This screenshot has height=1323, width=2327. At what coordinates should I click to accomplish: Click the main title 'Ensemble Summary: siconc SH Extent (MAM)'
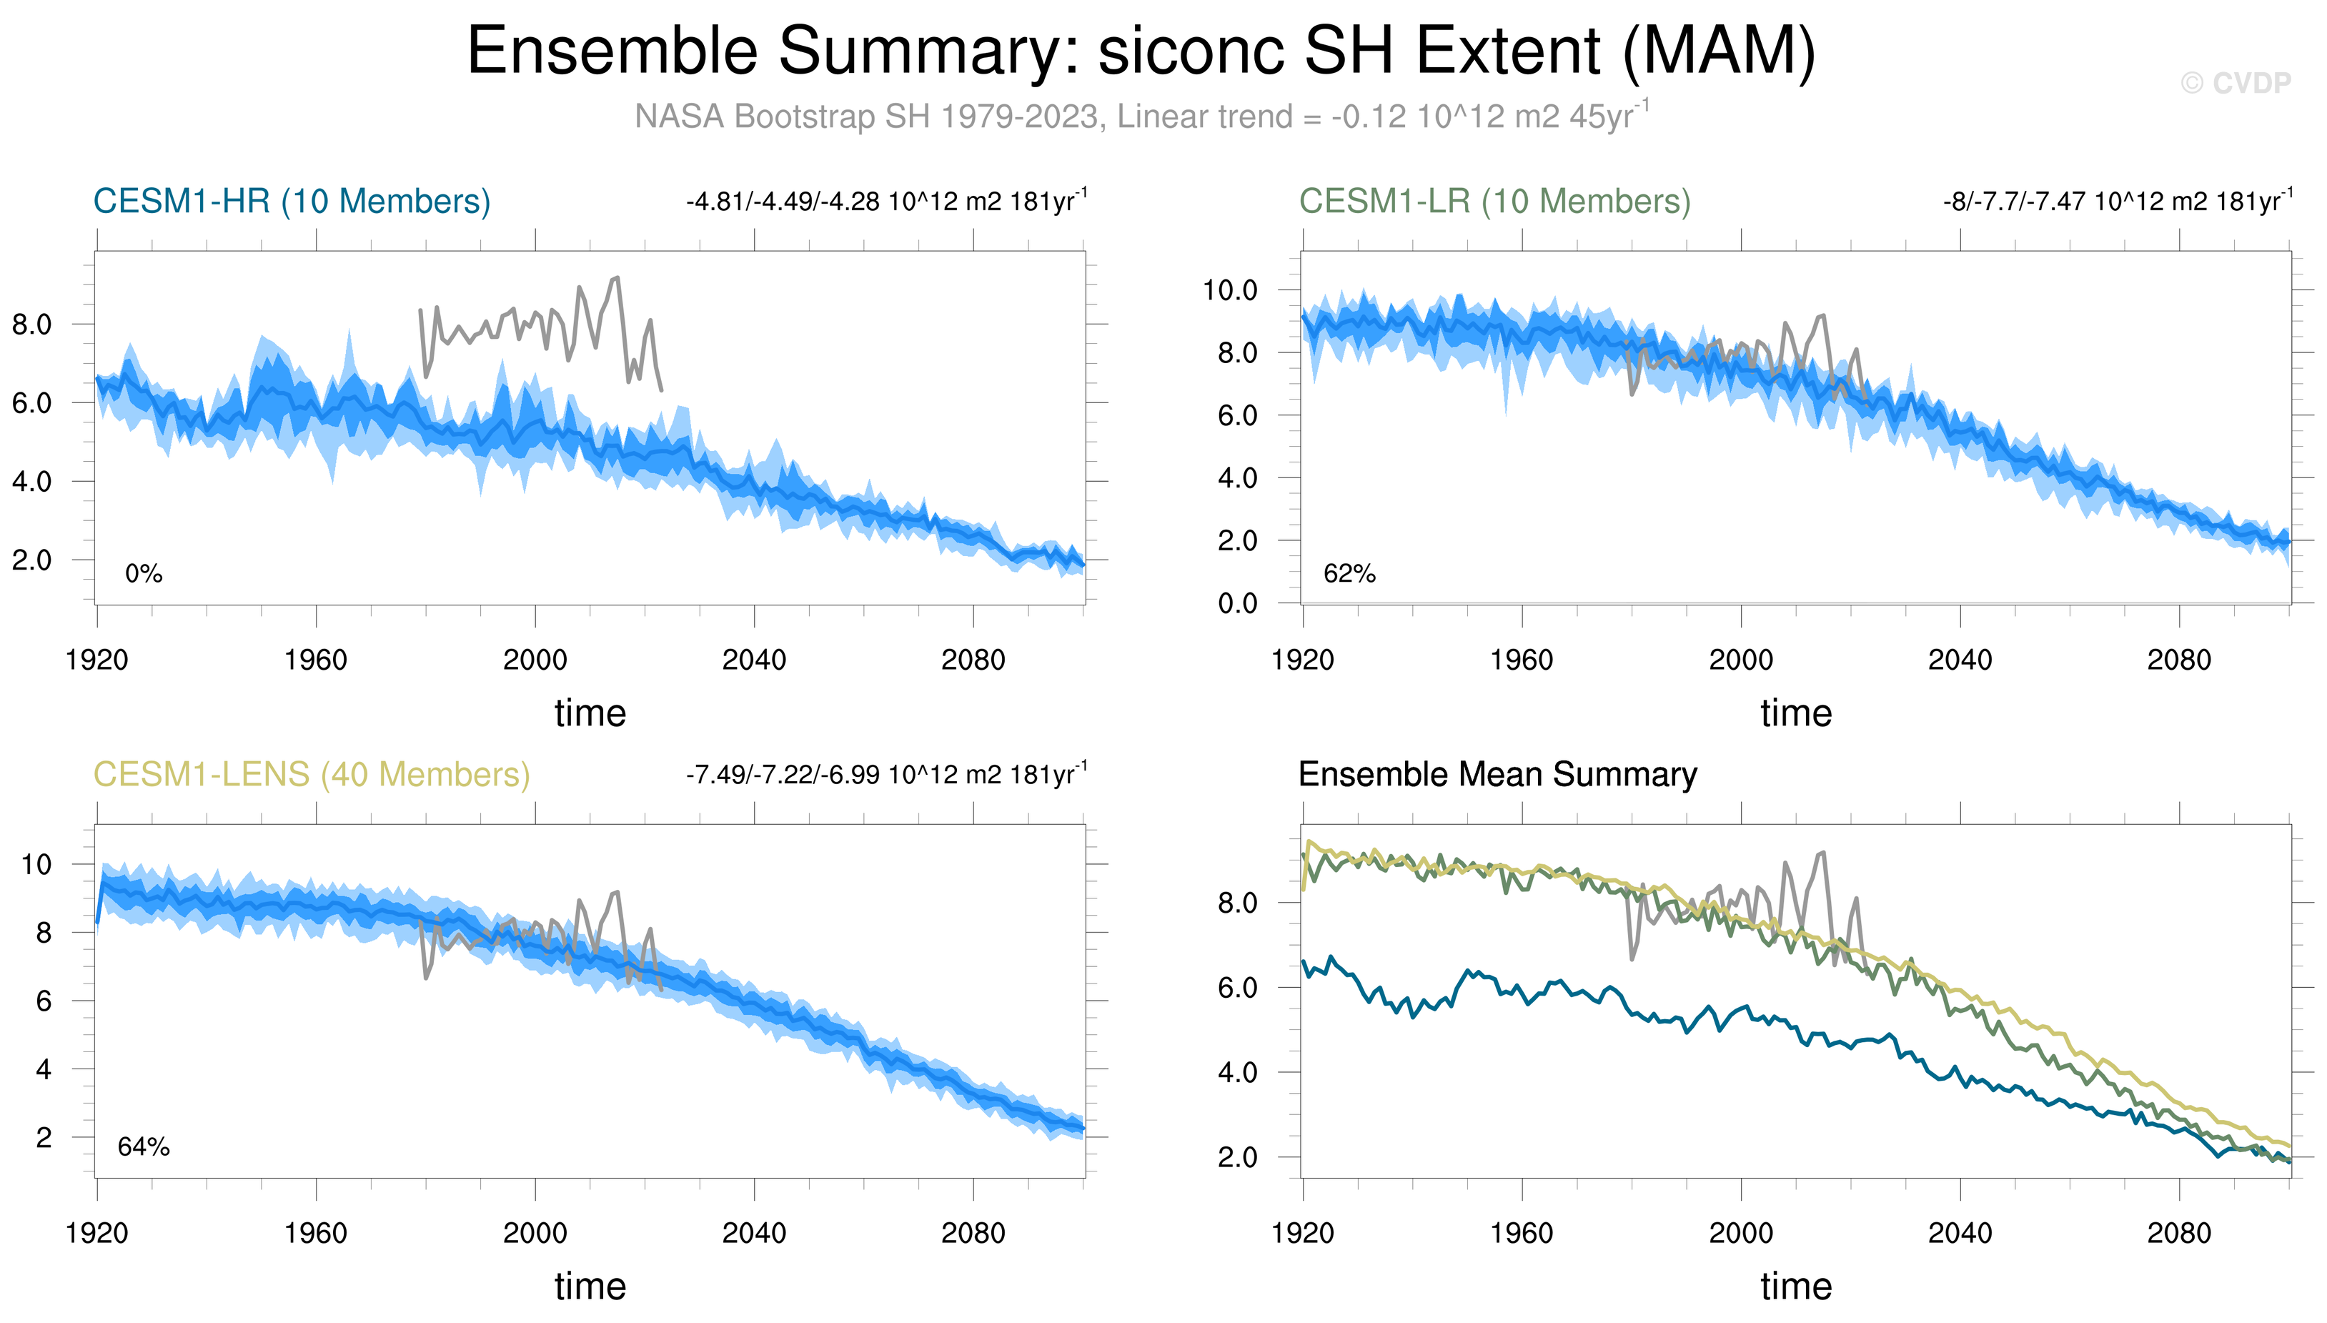click(1141, 51)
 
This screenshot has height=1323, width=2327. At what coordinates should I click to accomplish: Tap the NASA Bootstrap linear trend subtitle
click(1141, 117)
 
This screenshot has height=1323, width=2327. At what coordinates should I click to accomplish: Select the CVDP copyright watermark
click(2236, 84)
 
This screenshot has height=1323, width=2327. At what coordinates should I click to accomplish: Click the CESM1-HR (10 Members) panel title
click(292, 201)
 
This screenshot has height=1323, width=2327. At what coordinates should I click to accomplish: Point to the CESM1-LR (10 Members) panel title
click(1494, 201)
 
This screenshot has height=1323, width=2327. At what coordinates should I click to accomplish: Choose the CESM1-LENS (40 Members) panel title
click(312, 774)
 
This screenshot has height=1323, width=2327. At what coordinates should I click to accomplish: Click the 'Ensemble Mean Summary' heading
click(1497, 774)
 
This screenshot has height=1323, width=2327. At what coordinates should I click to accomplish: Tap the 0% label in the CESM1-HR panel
click(144, 573)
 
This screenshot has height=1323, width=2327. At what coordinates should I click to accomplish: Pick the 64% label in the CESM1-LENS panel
click(144, 1146)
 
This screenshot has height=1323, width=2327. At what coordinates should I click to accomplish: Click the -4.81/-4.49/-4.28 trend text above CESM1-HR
click(885, 201)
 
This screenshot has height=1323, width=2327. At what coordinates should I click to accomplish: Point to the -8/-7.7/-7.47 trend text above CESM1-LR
click(2117, 201)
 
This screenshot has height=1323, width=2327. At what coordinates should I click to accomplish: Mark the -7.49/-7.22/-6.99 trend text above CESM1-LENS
click(885, 774)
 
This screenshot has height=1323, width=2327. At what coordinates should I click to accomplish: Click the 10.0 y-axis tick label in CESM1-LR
click(1230, 291)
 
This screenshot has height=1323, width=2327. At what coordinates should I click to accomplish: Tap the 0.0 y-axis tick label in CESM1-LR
click(1237, 603)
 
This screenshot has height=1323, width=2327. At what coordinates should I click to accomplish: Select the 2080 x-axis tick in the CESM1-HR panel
click(973, 660)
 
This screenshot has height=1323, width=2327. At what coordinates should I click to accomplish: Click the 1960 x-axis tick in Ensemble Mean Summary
click(1522, 1233)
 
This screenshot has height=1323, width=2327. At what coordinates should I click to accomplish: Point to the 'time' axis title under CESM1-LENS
click(590, 1287)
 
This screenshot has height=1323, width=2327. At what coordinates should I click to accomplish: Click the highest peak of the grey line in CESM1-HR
click(617, 278)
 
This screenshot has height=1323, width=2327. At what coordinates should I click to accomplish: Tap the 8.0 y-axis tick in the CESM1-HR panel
click(31, 324)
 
